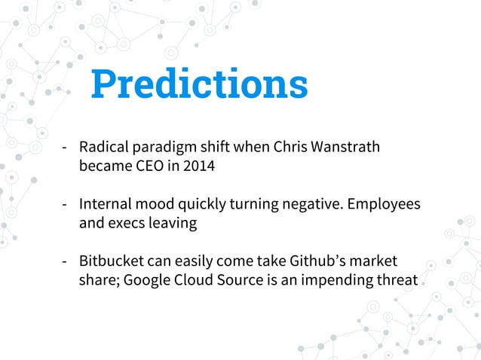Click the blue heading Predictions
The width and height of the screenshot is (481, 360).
[199, 85]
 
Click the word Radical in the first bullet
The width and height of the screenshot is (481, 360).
[104, 147]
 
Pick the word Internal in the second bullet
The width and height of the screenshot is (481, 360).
[106, 204]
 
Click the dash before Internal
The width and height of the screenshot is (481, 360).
[66, 205]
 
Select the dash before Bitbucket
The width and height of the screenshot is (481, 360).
[66, 262]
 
